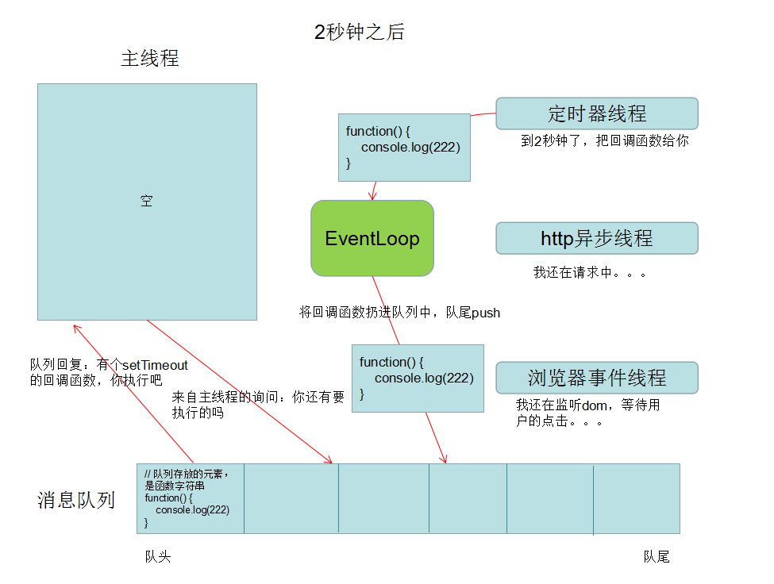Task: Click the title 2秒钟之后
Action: coord(360,32)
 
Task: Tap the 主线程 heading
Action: coord(149,59)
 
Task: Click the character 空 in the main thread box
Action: coord(146,202)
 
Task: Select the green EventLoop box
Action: coord(372,238)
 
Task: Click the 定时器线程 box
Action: coord(597,113)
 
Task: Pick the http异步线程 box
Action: coord(597,238)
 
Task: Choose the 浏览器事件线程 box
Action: coord(597,378)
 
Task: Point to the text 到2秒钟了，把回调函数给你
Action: coord(605,141)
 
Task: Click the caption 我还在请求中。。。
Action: coord(590,272)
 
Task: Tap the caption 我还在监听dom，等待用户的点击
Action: coord(588,413)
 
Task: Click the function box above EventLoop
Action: coord(404,147)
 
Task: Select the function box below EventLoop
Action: coord(418,378)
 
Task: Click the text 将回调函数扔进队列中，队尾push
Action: coord(399,313)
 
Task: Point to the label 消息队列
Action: coord(76,500)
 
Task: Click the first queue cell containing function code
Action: coord(190,498)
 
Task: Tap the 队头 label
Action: coord(157,557)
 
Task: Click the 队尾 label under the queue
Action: coord(657,557)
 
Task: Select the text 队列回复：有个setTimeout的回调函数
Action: coord(109,372)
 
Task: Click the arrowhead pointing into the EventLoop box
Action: coord(372,197)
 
